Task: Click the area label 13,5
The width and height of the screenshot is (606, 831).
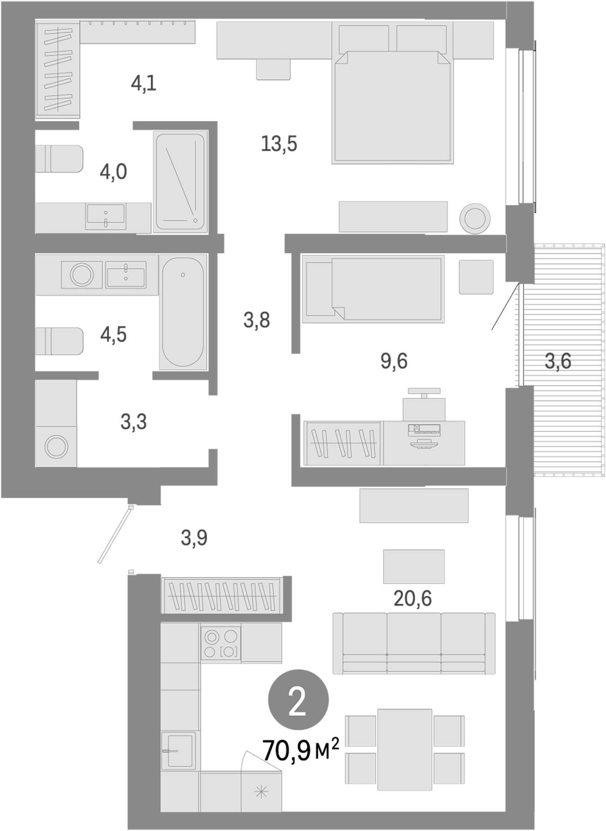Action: (x=279, y=144)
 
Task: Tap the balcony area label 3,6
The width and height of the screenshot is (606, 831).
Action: (x=558, y=361)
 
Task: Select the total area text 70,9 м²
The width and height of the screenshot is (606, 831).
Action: (x=300, y=750)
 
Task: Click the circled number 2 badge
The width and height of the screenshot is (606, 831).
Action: (x=298, y=701)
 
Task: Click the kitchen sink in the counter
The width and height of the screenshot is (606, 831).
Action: (x=178, y=750)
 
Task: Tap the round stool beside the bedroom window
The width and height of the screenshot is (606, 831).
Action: (x=474, y=218)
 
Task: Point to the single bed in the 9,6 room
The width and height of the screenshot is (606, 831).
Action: (x=373, y=289)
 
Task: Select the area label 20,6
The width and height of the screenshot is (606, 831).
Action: (x=412, y=598)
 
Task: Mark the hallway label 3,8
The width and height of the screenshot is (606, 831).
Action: (x=257, y=320)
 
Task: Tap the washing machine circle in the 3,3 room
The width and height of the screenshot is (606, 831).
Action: (x=56, y=447)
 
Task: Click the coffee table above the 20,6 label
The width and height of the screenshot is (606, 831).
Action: (x=414, y=566)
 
